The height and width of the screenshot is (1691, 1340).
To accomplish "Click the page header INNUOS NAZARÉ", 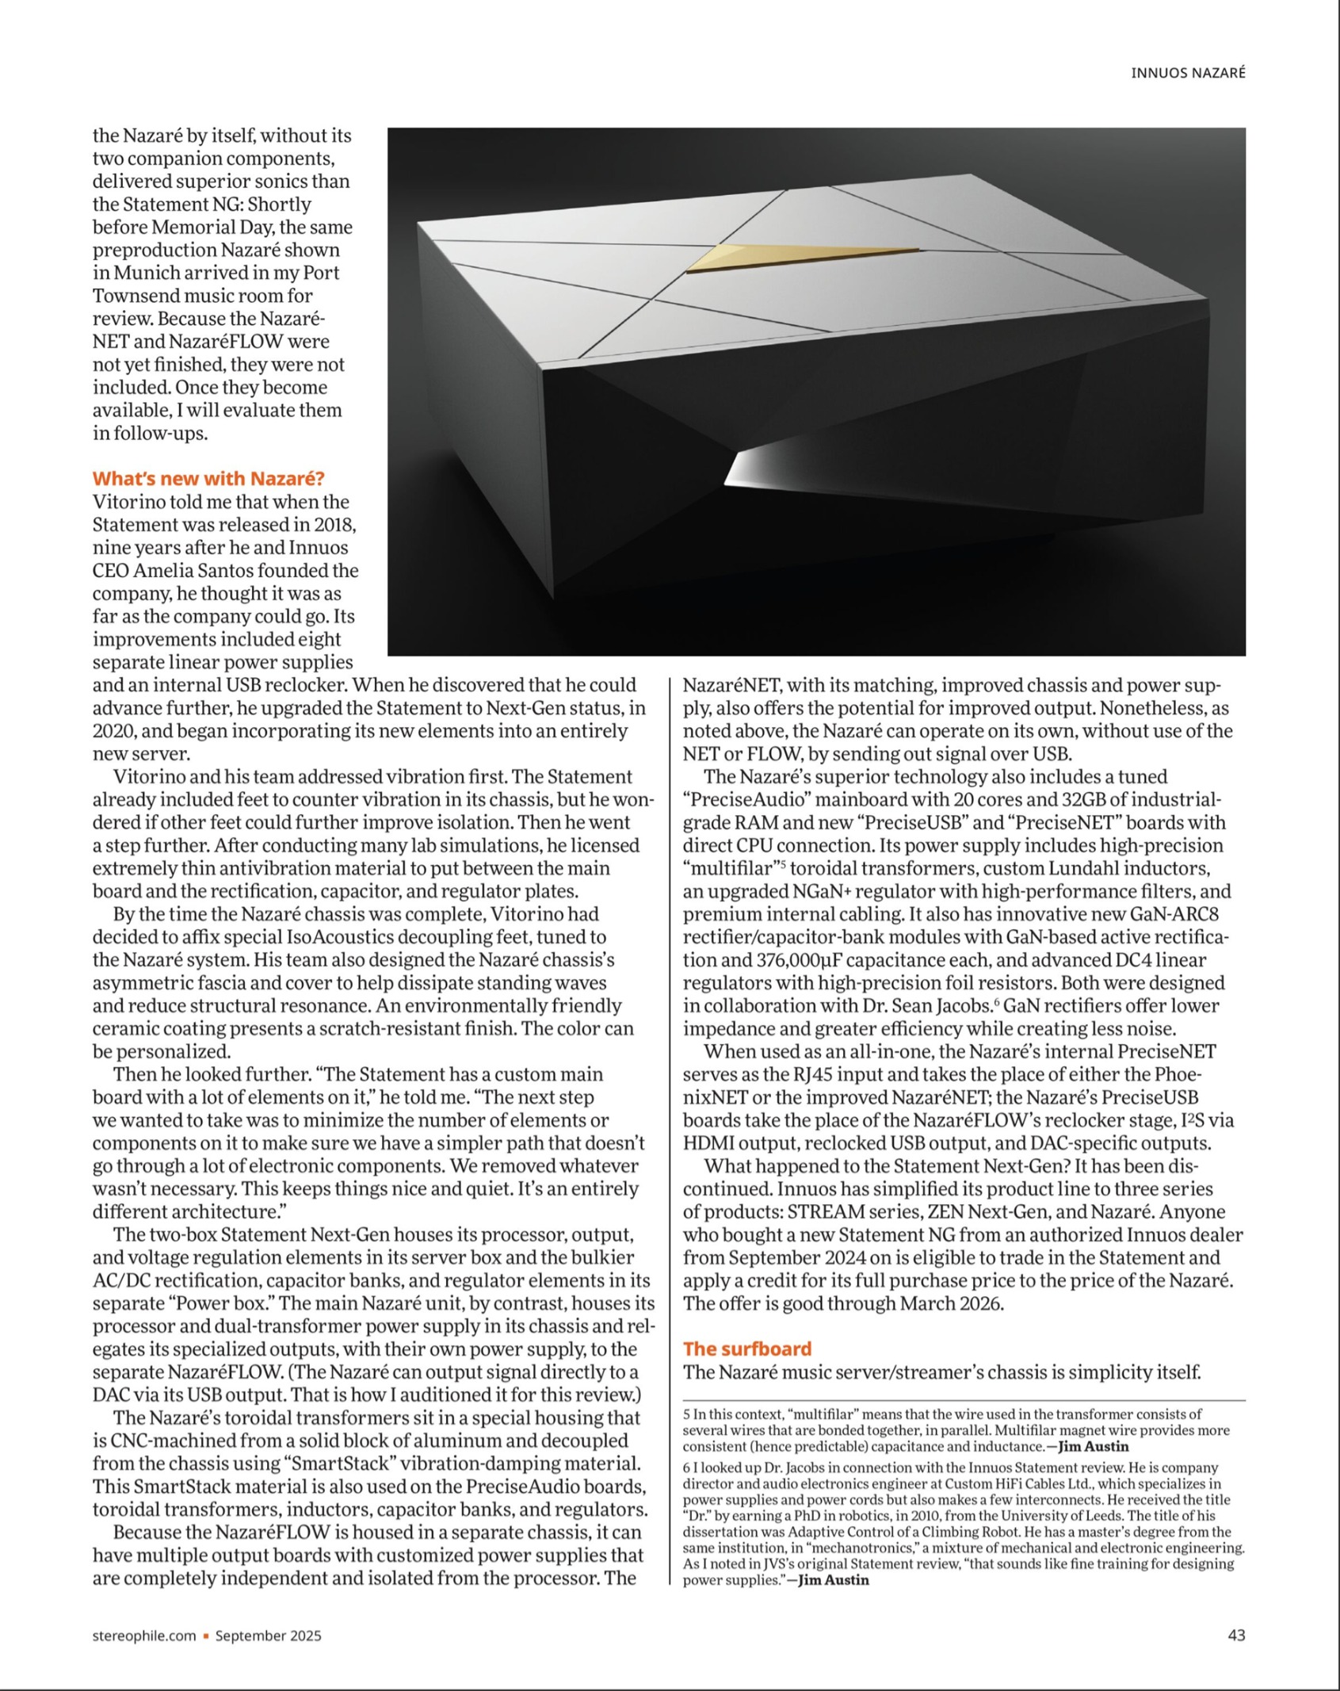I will (x=1187, y=73).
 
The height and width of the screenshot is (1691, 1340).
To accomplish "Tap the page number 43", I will (x=1236, y=1635).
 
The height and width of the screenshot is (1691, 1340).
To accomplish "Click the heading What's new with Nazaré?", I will (x=208, y=479).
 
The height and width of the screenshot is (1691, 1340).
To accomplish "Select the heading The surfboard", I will (x=747, y=1349).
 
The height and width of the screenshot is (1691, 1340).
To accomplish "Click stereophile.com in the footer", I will (x=144, y=1636).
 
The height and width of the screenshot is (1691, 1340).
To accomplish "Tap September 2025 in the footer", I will (x=269, y=1636).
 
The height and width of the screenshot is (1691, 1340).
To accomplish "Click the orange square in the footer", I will (x=206, y=1636).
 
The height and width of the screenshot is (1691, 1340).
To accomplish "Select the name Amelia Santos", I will (x=194, y=571).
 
